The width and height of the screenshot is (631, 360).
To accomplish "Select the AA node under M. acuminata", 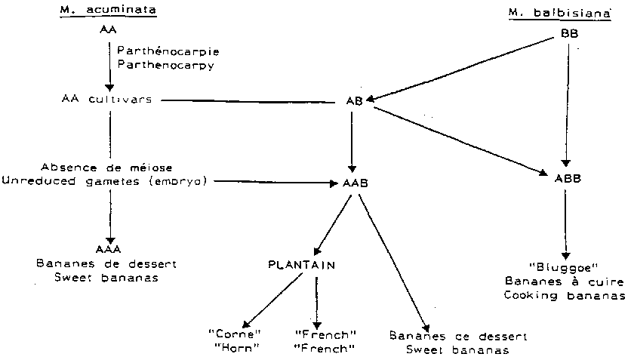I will tap(108, 30).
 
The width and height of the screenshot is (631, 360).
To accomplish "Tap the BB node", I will tap(570, 34).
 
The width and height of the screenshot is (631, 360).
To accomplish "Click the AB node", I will tap(352, 102).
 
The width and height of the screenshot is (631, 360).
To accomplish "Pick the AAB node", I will tap(350, 183).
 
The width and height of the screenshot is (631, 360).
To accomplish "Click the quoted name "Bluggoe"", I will tap(565, 266).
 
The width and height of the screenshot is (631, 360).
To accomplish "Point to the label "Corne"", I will tap(234, 334).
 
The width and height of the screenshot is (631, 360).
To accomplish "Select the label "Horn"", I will tap(234, 348).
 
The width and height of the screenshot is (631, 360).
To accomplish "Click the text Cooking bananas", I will tap(565, 295).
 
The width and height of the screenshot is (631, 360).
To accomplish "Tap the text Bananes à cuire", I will tap(565, 281).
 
